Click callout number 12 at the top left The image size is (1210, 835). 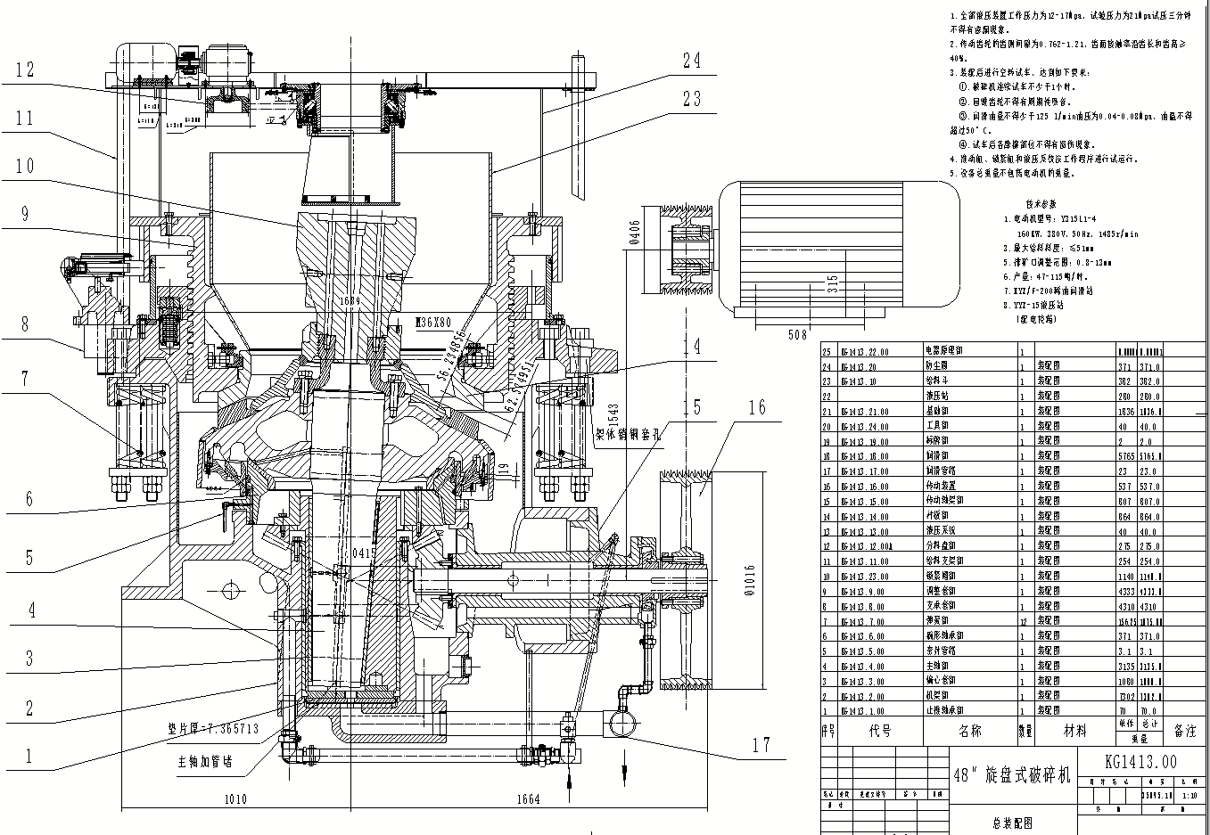click(25, 69)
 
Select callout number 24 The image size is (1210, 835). click(692, 61)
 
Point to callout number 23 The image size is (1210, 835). click(692, 99)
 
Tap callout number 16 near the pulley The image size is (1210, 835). click(757, 407)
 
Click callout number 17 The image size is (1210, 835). click(761, 745)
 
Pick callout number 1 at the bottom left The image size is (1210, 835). click(29, 757)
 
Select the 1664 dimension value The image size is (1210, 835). click(528, 798)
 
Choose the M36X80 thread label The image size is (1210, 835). click(434, 322)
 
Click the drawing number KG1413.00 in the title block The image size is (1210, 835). click(1140, 761)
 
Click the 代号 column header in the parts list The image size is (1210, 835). click(880, 731)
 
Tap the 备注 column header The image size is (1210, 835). click(1185, 731)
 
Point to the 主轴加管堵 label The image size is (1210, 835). click(204, 762)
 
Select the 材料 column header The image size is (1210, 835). click(1075, 731)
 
